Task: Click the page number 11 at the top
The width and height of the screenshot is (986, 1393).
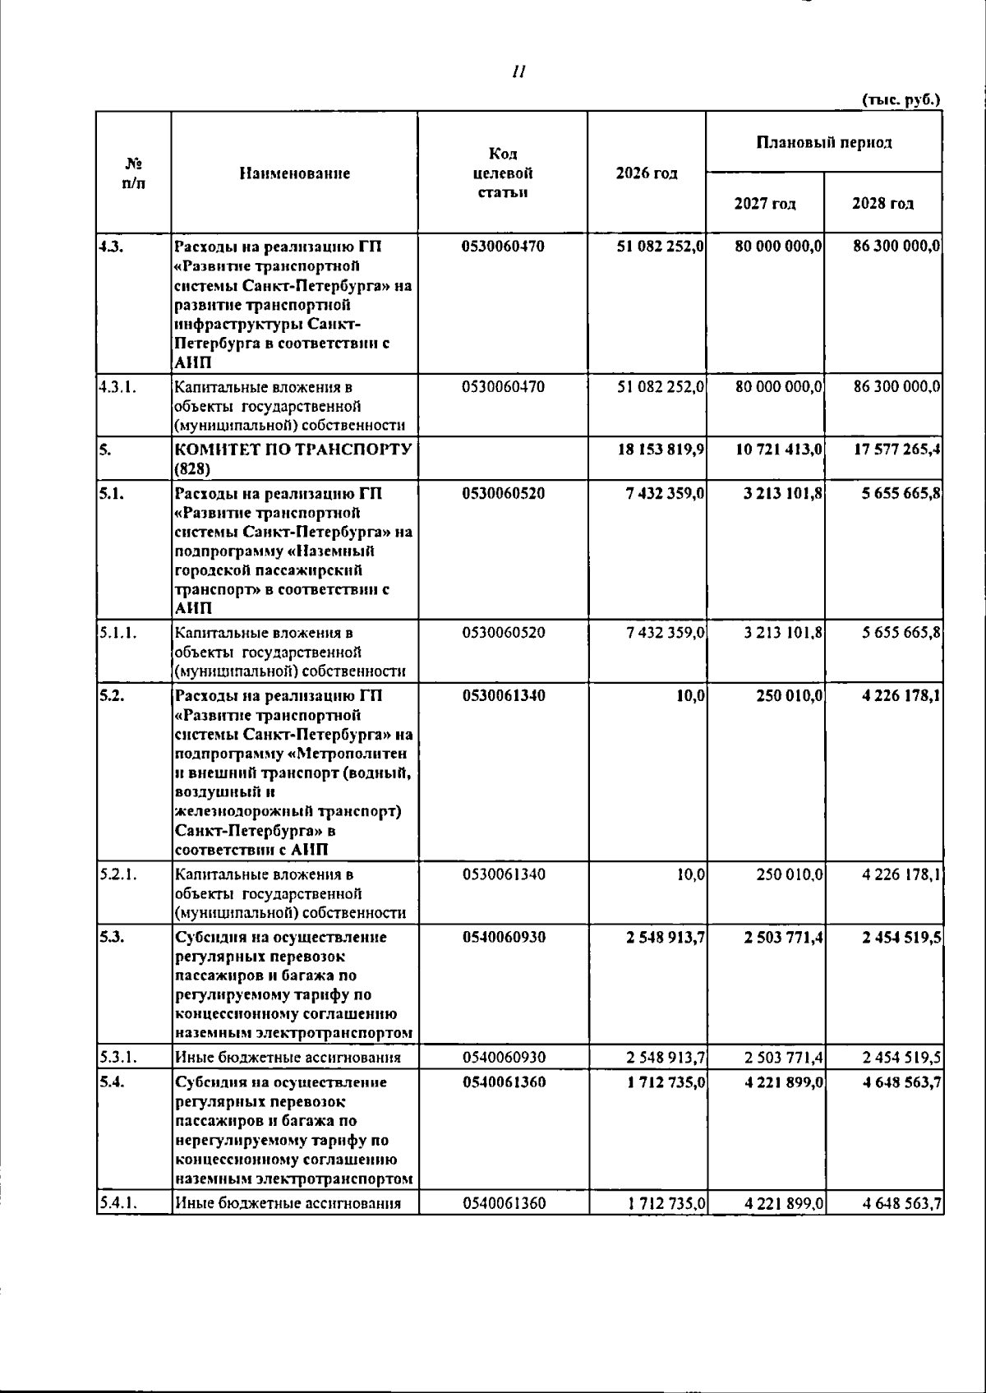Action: [x=518, y=72]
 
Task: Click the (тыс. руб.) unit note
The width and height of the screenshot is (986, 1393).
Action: [x=901, y=99]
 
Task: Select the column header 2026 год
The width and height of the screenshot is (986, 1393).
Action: [x=647, y=173]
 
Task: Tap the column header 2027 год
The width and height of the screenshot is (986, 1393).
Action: [x=765, y=203]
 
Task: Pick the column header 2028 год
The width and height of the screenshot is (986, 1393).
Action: [x=882, y=203]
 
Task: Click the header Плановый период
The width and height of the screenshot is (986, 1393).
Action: [x=823, y=142]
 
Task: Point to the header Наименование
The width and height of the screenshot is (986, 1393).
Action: [x=294, y=173]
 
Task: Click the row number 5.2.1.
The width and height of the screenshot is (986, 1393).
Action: [x=117, y=874]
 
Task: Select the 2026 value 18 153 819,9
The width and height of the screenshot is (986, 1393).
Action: [x=661, y=450]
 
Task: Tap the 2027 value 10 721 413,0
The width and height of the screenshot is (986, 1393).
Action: [x=779, y=450]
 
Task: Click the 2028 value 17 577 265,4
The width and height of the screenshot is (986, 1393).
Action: [x=896, y=450]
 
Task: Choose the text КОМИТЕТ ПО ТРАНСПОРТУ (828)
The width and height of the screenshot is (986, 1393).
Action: [x=293, y=459]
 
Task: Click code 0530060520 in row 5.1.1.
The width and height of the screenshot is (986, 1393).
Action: [x=503, y=633]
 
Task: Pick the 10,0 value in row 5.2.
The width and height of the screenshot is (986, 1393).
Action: [x=690, y=696]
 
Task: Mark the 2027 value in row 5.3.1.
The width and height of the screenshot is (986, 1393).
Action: [x=784, y=1058]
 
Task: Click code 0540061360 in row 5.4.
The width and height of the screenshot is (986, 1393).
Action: [x=503, y=1082]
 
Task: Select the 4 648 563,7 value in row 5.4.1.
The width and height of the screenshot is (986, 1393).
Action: [x=901, y=1204]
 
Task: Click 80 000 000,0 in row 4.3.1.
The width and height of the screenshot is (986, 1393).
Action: [x=779, y=386]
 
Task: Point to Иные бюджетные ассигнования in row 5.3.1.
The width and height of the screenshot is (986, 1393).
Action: [x=288, y=1058]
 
